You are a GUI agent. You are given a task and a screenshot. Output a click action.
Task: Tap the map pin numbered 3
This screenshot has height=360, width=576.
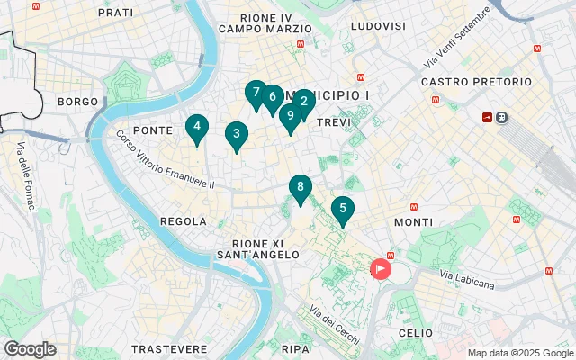point(236,135)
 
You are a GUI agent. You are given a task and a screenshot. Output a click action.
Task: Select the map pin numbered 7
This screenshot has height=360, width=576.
point(256,93)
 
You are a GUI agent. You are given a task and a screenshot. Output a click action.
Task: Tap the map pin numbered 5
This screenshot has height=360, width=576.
point(342,210)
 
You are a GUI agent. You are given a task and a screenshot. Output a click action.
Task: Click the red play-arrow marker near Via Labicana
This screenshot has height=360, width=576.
point(382,268)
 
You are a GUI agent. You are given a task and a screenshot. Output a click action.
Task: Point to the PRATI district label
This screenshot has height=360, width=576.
point(115,13)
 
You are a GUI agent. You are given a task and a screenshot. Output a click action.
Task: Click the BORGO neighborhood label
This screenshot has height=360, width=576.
point(76,102)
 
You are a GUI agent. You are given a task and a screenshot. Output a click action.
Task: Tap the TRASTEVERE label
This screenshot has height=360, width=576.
point(169,348)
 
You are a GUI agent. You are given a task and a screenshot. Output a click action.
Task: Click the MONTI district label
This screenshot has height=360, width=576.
point(413,221)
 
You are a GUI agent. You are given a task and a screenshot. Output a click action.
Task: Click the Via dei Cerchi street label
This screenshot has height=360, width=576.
point(334,326)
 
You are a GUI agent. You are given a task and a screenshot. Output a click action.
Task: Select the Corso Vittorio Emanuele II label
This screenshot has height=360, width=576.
point(165,160)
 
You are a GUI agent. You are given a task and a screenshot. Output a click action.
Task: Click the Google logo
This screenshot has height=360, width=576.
point(30,349)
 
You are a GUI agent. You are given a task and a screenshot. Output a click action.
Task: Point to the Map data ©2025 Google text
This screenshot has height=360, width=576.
point(519,353)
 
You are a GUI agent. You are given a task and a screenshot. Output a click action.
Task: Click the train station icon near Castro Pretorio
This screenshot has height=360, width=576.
point(501,117)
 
